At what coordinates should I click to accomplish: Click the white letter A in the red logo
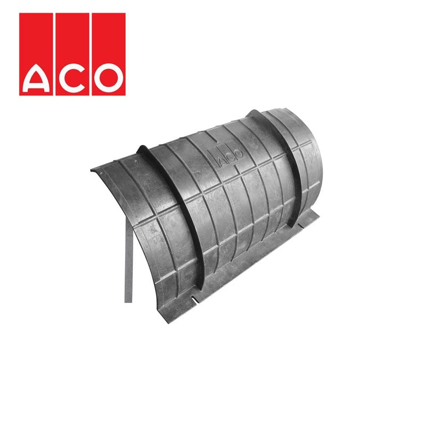(38, 78)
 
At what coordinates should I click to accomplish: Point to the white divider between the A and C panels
(55, 53)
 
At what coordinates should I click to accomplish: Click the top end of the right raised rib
(255, 113)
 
